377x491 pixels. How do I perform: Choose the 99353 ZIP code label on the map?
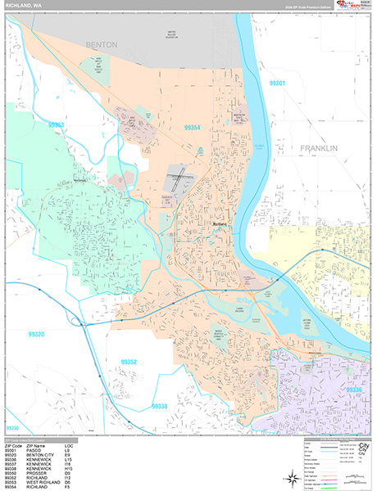click(x=57, y=125)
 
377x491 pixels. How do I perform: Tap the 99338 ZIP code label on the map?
click(x=161, y=406)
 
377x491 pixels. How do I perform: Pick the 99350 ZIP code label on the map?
click(x=11, y=428)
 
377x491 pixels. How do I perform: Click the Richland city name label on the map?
click(x=219, y=226)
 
